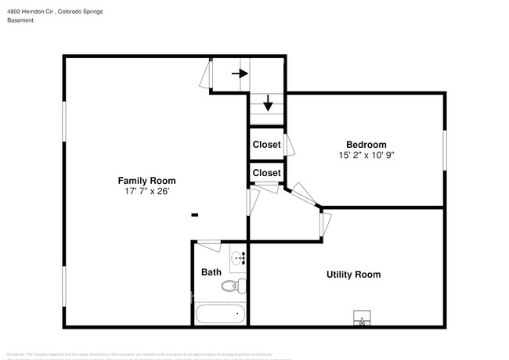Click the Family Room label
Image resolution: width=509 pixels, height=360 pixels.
tap(141, 180)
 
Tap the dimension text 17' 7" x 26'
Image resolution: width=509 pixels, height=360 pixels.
tap(141, 191)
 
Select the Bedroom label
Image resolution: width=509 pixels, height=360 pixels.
tap(366, 144)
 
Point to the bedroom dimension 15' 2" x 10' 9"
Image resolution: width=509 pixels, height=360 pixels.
tap(366, 155)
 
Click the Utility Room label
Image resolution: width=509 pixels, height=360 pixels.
tap(353, 274)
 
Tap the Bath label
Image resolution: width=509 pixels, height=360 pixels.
tap(211, 272)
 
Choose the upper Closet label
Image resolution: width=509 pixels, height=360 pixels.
tap(266, 145)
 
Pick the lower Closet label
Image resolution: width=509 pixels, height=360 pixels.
tap(266, 172)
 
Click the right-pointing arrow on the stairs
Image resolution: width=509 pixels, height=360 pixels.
tap(240, 74)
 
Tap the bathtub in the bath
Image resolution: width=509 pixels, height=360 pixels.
tap(220, 315)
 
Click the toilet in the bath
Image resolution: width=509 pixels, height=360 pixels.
tap(233, 286)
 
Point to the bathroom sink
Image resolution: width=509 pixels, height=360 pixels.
tap(238, 257)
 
